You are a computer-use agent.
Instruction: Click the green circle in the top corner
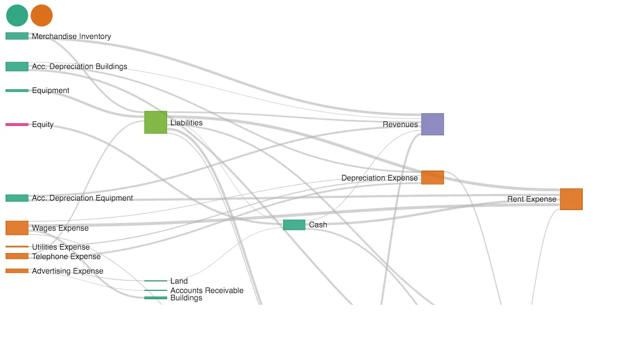17,16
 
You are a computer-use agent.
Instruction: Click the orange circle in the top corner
42,16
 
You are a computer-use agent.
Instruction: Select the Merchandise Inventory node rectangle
17,36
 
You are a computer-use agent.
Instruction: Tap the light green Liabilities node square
155,122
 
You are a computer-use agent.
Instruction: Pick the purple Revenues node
432,124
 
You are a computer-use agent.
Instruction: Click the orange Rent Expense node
571,199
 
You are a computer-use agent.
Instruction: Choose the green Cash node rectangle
294,225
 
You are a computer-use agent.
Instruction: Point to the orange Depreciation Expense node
432,178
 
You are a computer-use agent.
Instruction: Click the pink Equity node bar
17,124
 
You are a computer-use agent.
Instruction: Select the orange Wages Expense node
17,228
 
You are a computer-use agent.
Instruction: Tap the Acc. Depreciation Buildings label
80,66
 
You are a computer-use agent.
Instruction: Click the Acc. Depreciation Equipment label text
82,198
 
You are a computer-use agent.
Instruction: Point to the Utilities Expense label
61,247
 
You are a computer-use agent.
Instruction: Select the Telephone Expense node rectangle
17,256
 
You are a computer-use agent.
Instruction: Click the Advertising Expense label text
67,271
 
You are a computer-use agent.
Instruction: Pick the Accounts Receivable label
207,290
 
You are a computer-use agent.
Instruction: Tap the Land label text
179,281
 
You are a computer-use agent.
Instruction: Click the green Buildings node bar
155,298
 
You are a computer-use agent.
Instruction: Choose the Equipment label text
51,90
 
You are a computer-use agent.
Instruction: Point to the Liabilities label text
187,123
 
